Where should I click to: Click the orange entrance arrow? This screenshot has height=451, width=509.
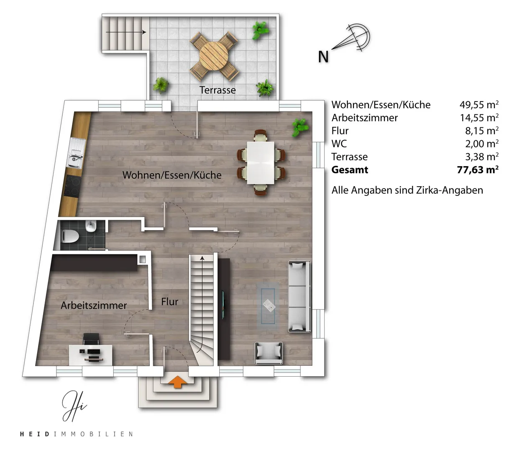point(177,382)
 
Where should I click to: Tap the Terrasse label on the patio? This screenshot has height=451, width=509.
point(217,90)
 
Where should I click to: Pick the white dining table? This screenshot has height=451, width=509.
point(261,163)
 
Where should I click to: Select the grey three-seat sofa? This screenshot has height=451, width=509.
point(299,296)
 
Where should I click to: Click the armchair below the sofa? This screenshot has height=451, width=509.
point(269,353)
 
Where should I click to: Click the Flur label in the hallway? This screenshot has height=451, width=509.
point(169,302)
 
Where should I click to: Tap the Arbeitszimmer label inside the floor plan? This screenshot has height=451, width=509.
point(94,306)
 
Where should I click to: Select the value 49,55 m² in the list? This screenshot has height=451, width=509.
point(479,104)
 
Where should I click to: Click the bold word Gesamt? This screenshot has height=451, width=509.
point(350,170)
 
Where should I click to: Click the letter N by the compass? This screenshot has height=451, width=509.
point(323,57)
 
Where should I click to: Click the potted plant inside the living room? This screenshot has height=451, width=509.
point(300,127)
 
